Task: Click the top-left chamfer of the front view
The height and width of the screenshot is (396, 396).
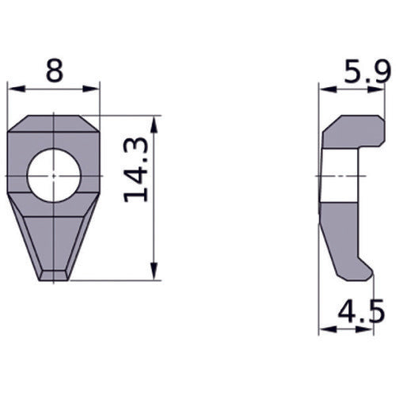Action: [x=17, y=124]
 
